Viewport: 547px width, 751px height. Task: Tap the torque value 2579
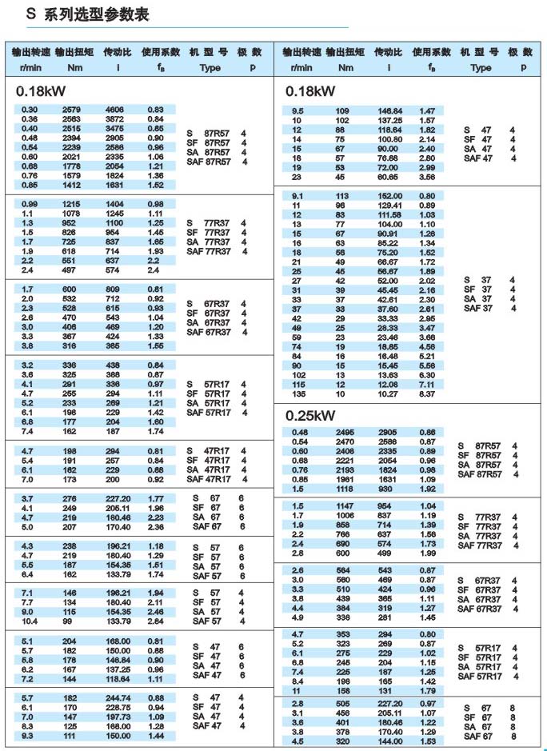71,110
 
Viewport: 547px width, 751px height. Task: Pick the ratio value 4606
115,110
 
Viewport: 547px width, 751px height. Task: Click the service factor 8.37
427,393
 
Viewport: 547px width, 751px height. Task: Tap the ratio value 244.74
118,697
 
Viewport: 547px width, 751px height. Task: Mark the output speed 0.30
29,110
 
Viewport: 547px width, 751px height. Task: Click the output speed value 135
298,393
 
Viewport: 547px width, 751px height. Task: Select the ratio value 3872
115,119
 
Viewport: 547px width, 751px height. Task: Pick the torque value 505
342,702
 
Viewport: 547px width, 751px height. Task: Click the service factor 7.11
427,384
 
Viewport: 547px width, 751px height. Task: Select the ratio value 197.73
118,717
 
